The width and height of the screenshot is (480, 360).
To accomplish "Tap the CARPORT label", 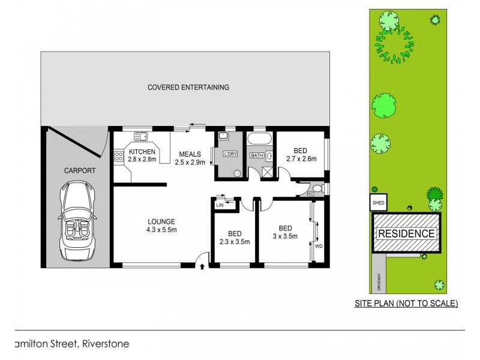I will click(x=79, y=171).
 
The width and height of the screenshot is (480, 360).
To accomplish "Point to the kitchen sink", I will click(x=141, y=136).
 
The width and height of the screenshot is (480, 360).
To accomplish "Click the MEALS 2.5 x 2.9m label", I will click(x=190, y=158).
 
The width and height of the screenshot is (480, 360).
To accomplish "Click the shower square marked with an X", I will click(x=269, y=171).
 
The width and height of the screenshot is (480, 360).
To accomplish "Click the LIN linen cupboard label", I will click(x=220, y=205).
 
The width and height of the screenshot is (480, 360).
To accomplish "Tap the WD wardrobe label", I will click(x=318, y=245).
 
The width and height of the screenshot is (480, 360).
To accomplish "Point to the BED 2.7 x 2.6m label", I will click(x=301, y=155).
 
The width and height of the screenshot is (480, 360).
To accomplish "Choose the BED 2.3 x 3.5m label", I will click(x=234, y=238).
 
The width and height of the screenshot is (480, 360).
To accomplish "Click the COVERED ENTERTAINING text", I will click(x=188, y=88).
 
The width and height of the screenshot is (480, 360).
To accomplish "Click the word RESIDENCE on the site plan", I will click(x=406, y=233).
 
